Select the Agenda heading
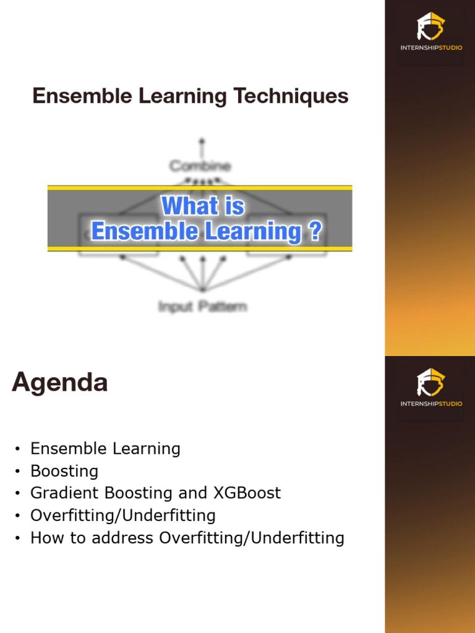click(x=59, y=383)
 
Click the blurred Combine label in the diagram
click(x=200, y=166)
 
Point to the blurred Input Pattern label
click(x=202, y=306)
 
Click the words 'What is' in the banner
click(x=203, y=206)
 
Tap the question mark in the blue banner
click(x=314, y=232)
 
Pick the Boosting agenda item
click(x=64, y=471)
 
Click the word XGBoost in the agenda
click(x=247, y=493)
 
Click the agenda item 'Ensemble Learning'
click(x=105, y=449)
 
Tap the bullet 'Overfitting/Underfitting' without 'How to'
click(x=122, y=516)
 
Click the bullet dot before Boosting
click(x=18, y=472)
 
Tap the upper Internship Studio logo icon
click(x=430, y=27)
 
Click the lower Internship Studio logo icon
click(x=430, y=383)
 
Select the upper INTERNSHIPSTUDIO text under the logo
click(x=430, y=48)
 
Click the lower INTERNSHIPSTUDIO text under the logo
click(x=430, y=404)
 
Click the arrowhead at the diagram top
click(x=201, y=141)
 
